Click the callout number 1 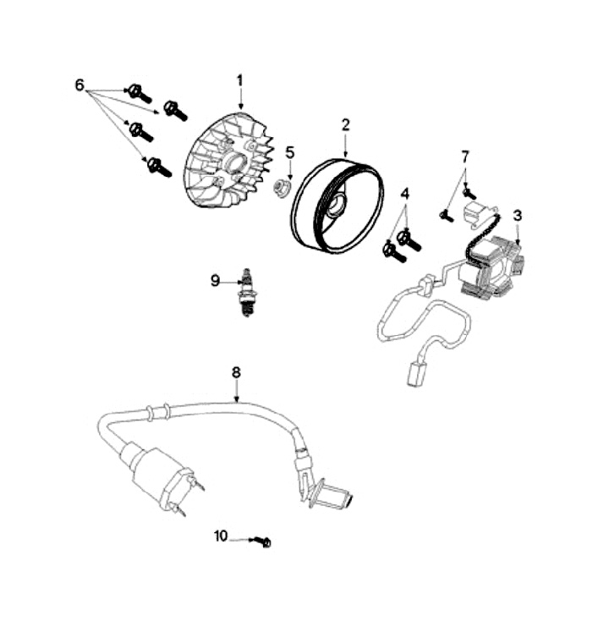click(239, 80)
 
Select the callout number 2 click(345, 124)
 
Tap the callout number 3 click(518, 215)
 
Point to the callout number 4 click(405, 194)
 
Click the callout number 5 click(289, 152)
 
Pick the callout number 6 click(80, 85)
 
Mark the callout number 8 click(236, 371)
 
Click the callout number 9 click(215, 280)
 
